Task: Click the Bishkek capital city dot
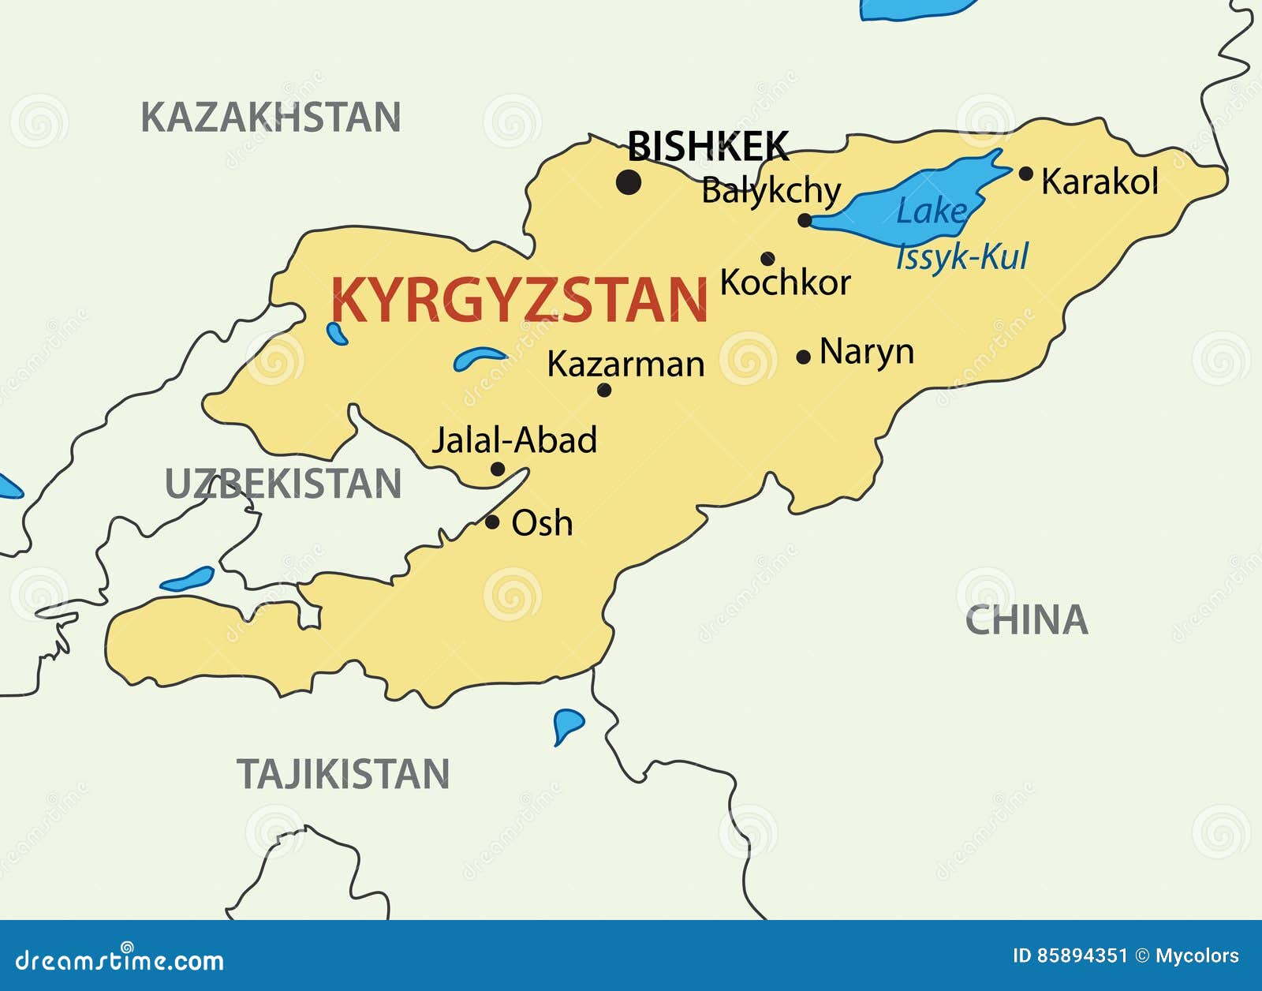(629, 183)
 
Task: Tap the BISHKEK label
(708, 146)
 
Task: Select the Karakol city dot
(1025, 174)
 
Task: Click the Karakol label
(1100, 181)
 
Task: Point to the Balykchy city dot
(805, 220)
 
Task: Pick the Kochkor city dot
(767, 258)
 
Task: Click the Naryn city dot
(804, 357)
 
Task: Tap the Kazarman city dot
(604, 390)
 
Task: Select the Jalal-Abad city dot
(498, 469)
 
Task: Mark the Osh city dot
(492, 522)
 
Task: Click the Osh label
(542, 523)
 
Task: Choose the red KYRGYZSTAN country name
(519, 300)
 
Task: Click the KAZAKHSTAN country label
(271, 118)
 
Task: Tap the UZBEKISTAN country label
(283, 484)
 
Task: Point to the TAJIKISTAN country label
(343, 774)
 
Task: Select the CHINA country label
(1026, 620)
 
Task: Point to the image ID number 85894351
(1082, 956)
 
